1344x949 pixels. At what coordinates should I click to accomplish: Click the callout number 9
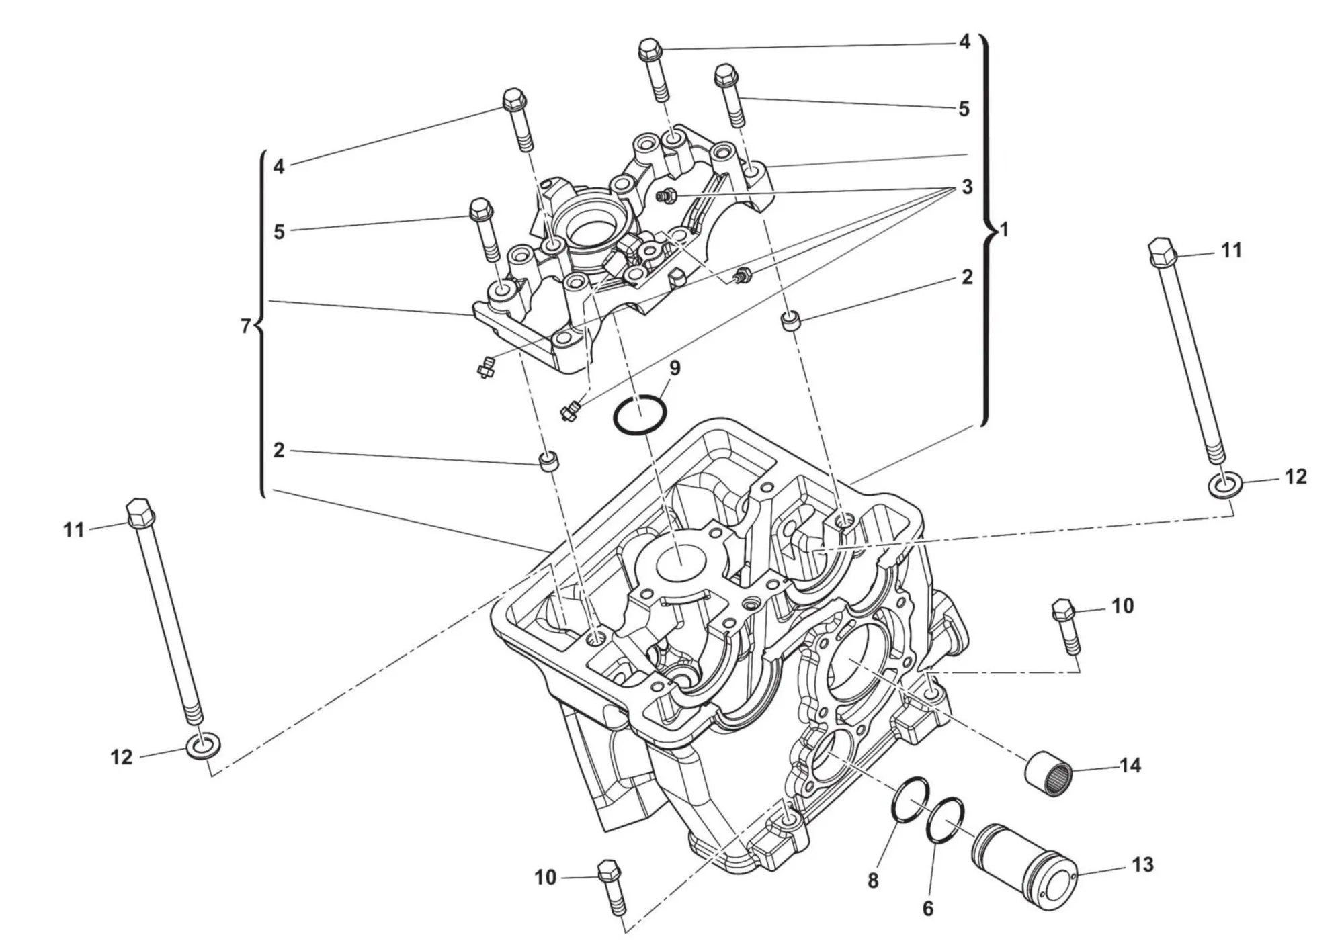pos(675,368)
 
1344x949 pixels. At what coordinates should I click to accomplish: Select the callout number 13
pos(1142,864)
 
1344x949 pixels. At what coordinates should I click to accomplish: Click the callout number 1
pos(1004,230)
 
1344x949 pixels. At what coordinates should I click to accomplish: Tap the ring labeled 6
pos(944,821)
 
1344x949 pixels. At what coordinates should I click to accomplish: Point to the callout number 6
pos(928,909)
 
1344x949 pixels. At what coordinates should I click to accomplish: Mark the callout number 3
pos(966,187)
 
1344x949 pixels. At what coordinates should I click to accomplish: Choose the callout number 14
pos(1130,765)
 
